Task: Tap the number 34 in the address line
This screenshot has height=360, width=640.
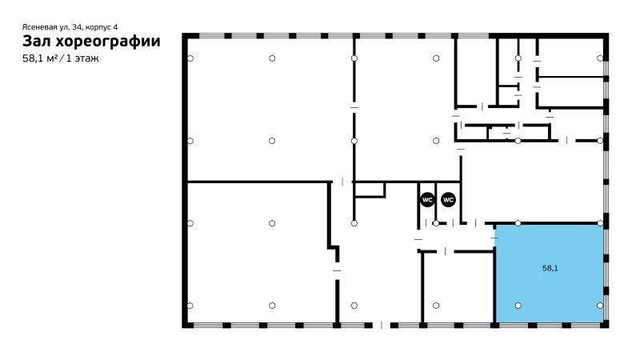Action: (x=76, y=27)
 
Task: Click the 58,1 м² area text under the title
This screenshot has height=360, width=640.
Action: (x=40, y=58)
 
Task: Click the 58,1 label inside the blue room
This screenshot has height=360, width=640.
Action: (x=550, y=268)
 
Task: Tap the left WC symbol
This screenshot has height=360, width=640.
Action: (x=427, y=199)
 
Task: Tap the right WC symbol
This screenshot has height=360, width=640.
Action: (x=448, y=199)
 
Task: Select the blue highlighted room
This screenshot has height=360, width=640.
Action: (x=550, y=274)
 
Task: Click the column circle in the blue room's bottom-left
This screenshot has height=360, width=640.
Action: (x=518, y=306)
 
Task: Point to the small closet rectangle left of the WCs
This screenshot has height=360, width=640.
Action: (x=370, y=190)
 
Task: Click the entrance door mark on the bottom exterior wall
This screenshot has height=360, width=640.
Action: (x=382, y=326)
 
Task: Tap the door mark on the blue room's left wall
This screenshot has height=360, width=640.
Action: (x=494, y=238)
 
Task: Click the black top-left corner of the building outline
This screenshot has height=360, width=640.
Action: (x=185, y=35)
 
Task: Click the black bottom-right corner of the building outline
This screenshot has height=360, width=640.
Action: (x=606, y=326)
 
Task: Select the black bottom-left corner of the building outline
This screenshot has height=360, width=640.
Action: (x=185, y=326)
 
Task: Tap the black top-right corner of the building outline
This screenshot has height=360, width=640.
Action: (x=606, y=35)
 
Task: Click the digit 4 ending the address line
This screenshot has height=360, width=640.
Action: (x=115, y=27)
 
